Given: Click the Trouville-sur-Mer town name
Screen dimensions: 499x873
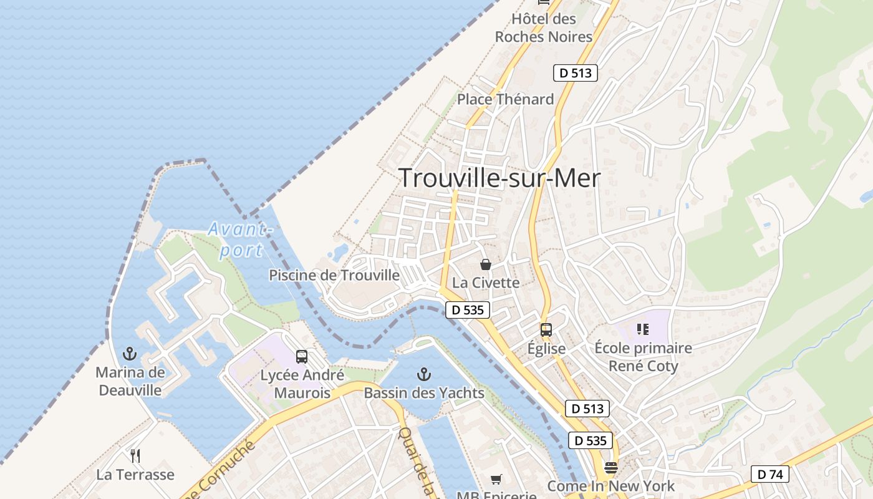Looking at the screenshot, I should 499,178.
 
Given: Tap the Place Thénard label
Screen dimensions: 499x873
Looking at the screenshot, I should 505,99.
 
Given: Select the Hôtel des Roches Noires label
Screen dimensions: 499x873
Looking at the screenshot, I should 543,28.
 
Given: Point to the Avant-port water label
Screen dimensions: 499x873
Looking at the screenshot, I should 240,240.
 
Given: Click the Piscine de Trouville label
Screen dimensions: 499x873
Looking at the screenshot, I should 334,275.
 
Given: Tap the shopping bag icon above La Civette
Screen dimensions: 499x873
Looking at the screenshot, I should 486,264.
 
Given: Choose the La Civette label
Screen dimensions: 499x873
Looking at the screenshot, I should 486,283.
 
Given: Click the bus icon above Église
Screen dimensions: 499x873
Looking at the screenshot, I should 546,330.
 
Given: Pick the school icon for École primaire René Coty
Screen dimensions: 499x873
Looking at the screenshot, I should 643,329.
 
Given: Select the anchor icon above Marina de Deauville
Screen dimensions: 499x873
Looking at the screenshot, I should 130,354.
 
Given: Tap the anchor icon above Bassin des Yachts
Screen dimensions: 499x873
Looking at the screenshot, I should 424,374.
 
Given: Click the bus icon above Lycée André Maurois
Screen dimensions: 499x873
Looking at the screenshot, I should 302,357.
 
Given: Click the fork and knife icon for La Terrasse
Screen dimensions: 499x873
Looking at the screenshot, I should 135,456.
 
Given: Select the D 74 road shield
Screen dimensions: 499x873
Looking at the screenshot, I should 769,474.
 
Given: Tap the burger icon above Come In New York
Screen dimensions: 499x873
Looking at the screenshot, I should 611,468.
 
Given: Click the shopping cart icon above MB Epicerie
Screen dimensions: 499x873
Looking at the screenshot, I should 496,479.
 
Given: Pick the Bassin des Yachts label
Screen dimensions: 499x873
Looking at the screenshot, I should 424,393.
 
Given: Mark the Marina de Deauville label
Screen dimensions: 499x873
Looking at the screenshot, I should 130,382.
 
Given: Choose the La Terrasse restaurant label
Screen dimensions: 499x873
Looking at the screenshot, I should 135,475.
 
